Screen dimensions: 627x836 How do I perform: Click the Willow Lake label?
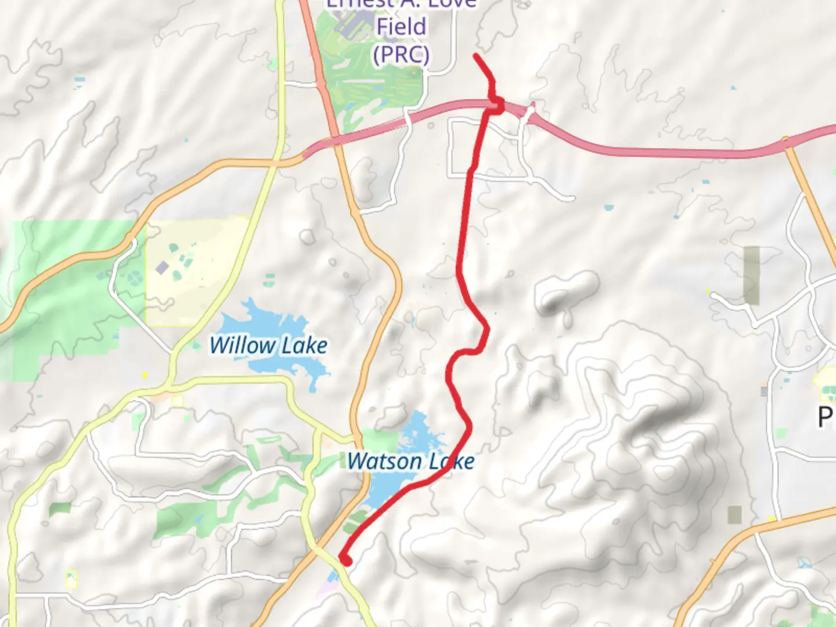pos(268,346)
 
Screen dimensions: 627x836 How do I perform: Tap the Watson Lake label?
pos(410,462)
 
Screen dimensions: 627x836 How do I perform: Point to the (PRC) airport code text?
pos(401,55)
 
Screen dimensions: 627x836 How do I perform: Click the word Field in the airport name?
pos(401,26)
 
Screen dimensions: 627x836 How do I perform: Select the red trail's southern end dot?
pos(346,561)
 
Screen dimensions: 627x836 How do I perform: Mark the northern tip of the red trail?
pos(476,56)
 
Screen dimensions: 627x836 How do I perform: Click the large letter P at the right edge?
pos(826,417)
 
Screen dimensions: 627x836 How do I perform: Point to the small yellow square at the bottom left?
pos(71,579)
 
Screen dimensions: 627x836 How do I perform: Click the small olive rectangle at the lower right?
pos(734,514)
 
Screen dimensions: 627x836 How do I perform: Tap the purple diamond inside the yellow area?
pos(163,268)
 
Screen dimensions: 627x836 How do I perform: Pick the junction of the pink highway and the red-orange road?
pos(335,139)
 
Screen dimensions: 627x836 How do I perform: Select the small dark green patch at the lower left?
pos(60,509)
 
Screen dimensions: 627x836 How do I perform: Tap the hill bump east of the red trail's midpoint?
pos(566,290)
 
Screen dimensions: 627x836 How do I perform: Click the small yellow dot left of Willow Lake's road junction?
pos(145,376)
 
